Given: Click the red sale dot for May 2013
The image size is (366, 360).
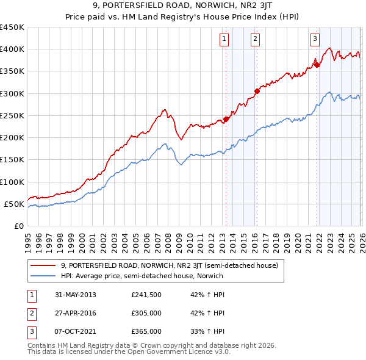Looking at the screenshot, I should point(226,119).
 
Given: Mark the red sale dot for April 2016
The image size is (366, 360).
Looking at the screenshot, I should point(257,91).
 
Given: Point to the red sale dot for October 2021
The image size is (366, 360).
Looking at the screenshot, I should point(317,64).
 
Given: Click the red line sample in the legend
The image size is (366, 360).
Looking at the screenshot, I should point(43,265).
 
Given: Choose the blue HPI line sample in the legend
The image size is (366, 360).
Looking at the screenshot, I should point(43,276).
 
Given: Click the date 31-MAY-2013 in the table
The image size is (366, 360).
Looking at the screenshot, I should point(75,295).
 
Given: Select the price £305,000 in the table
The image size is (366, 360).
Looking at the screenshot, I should point(146,313).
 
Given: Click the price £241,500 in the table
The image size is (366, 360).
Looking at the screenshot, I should point(146,295).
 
